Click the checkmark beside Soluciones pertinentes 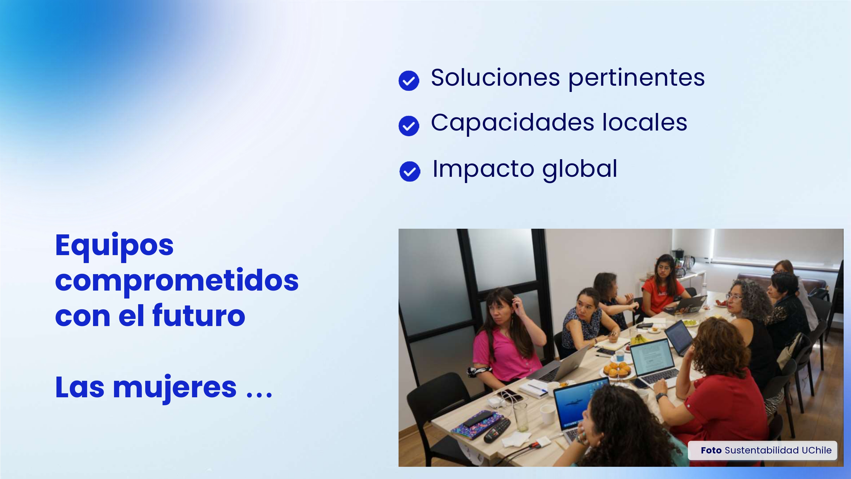coord(409,80)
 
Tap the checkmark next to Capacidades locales coord(409,126)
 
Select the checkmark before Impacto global coord(410,171)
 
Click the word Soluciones coord(495,78)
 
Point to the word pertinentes coord(636,79)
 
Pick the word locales coord(644,122)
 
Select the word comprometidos coord(177,281)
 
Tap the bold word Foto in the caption coord(711,450)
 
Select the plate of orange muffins coord(617,370)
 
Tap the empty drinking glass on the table coord(520,417)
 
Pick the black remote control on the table coord(497,430)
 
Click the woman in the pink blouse coord(505,340)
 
